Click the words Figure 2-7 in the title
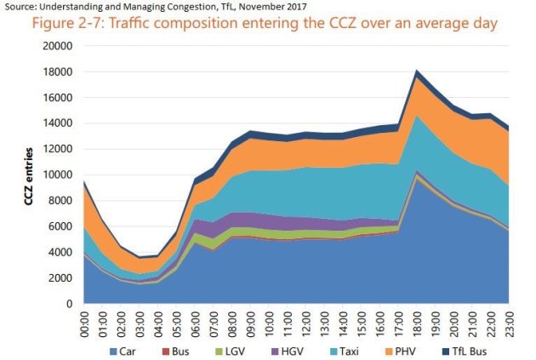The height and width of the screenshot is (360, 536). coord(70,23)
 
